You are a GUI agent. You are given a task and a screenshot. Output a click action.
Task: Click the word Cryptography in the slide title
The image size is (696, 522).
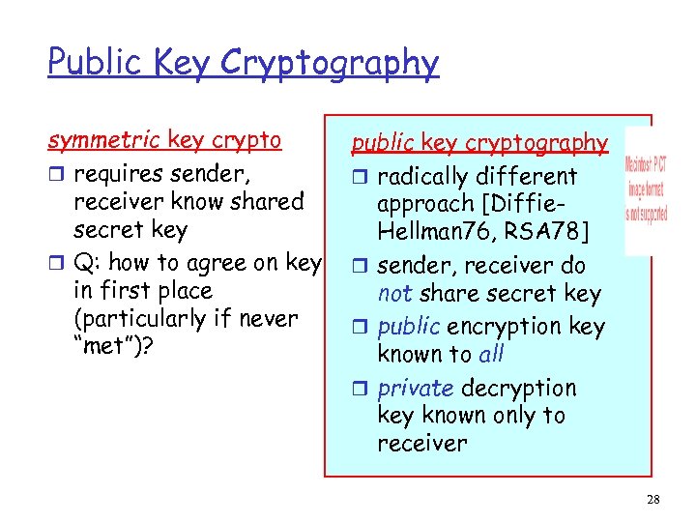tap(330, 64)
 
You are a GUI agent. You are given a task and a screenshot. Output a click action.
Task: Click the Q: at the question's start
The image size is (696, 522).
tap(92, 262)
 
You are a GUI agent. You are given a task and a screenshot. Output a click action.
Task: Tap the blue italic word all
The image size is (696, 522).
tap(491, 354)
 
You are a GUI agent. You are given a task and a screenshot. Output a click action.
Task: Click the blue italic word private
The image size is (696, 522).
tap(415, 388)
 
